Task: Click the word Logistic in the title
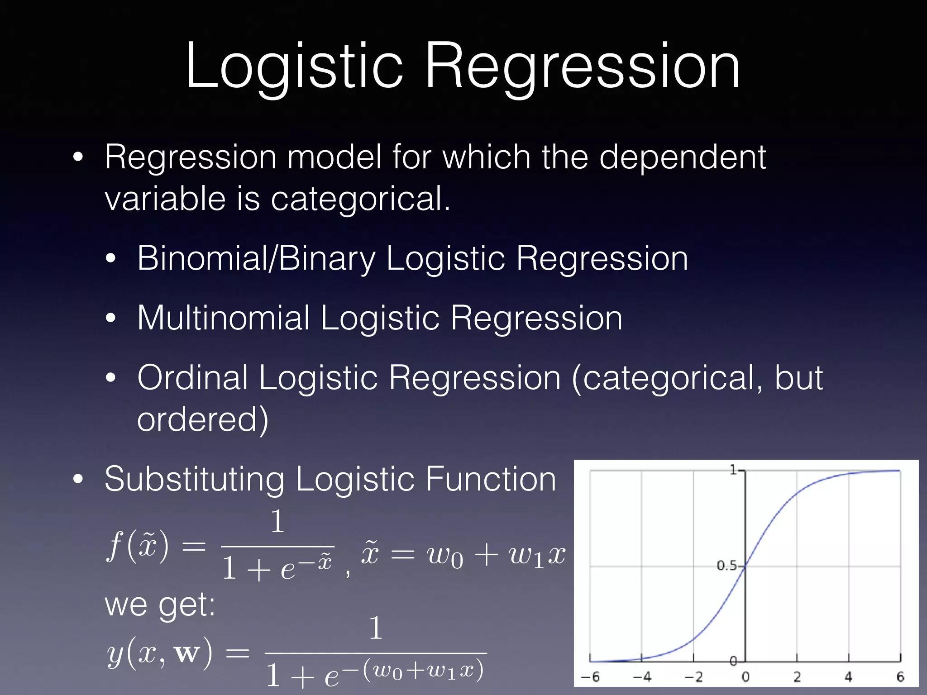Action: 294,66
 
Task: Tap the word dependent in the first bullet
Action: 683,157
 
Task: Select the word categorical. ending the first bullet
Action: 360,199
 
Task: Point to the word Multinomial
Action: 223,318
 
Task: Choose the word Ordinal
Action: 192,378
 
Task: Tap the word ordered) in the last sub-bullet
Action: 203,420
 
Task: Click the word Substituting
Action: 195,479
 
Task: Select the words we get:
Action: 160,605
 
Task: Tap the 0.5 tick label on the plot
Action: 726,566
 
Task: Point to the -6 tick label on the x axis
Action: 590,677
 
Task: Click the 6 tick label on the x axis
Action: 900,677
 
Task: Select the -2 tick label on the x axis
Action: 693,677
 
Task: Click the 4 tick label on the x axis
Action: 848,677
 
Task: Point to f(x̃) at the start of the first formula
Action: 138,547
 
